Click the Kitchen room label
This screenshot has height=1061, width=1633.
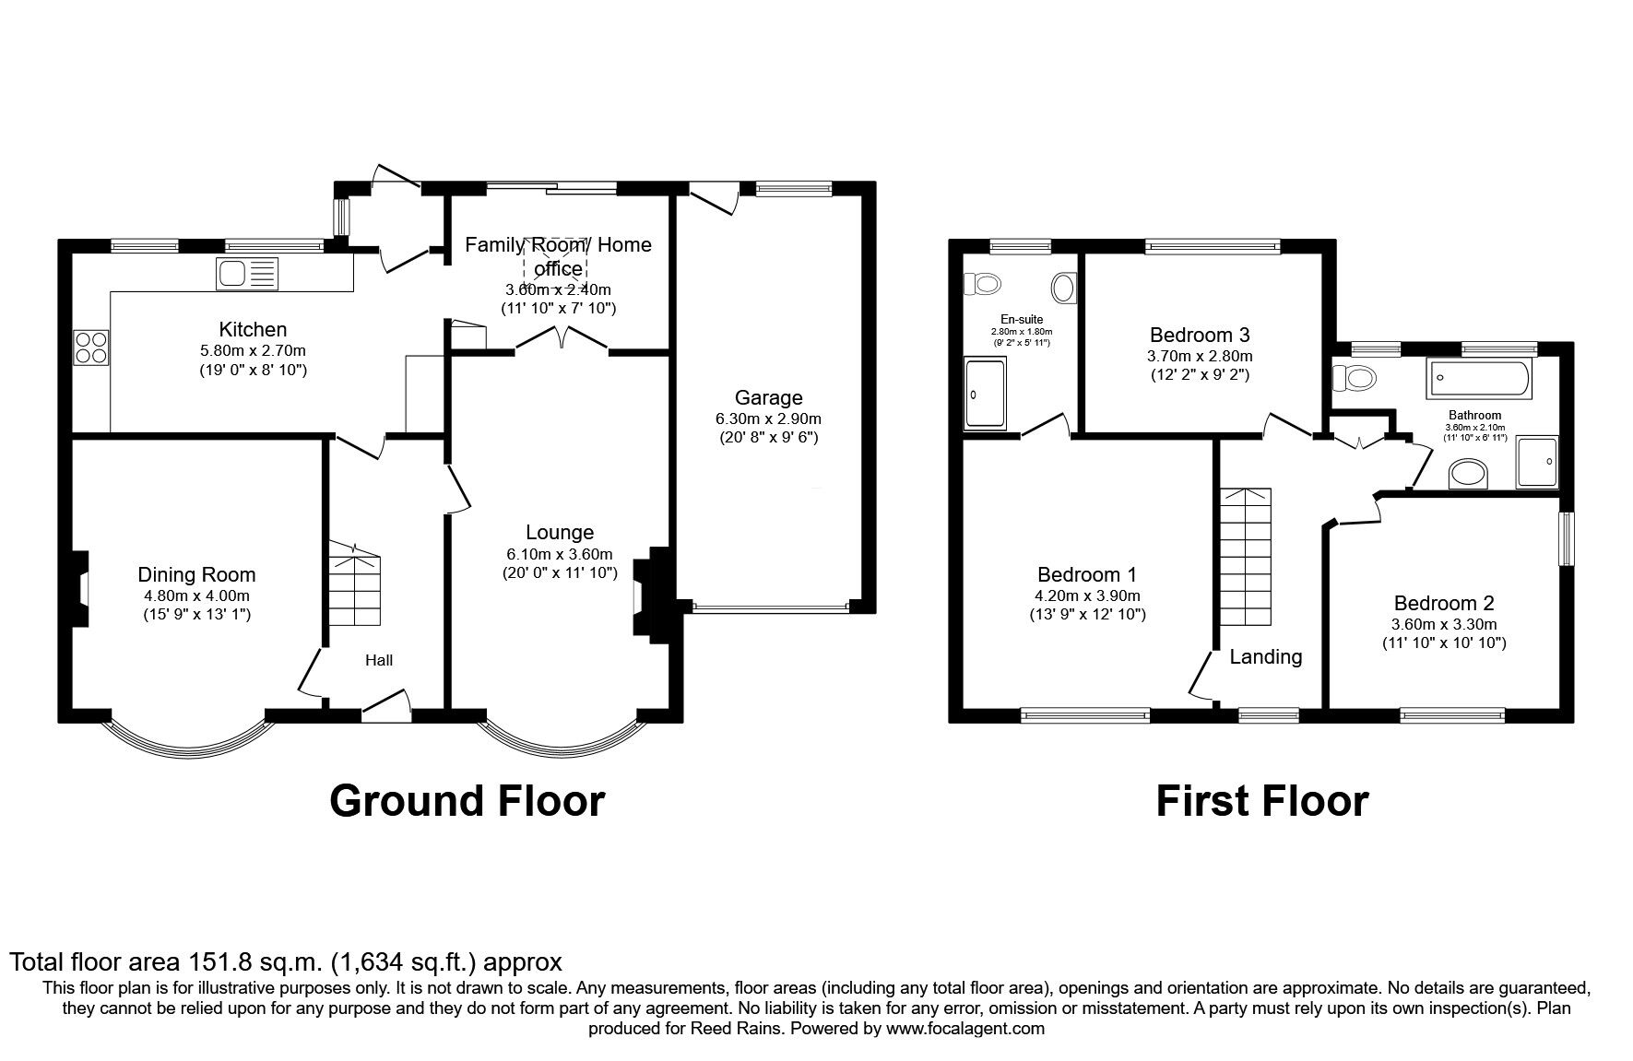click(x=253, y=329)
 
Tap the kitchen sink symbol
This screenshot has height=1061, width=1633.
click(x=246, y=274)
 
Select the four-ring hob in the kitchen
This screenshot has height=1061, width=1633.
click(x=91, y=347)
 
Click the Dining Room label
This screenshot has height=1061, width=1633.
click(x=196, y=575)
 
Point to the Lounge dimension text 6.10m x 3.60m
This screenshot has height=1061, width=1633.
click(x=560, y=554)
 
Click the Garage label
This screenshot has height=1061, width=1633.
click(x=769, y=398)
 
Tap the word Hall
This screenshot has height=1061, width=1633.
click(x=379, y=660)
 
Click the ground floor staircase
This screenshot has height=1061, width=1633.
click(x=354, y=585)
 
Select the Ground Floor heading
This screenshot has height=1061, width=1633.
click(x=467, y=801)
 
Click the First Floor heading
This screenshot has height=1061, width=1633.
click(x=1261, y=801)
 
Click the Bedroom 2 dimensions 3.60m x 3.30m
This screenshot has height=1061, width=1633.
click(x=1444, y=624)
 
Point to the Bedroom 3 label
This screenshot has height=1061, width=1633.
click(x=1200, y=335)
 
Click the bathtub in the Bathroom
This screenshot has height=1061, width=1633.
click(x=1479, y=379)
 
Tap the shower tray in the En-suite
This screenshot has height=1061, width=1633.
click(x=985, y=395)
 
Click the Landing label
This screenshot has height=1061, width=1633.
click(x=1266, y=656)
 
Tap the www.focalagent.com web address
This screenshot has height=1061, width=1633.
click(x=965, y=1028)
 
